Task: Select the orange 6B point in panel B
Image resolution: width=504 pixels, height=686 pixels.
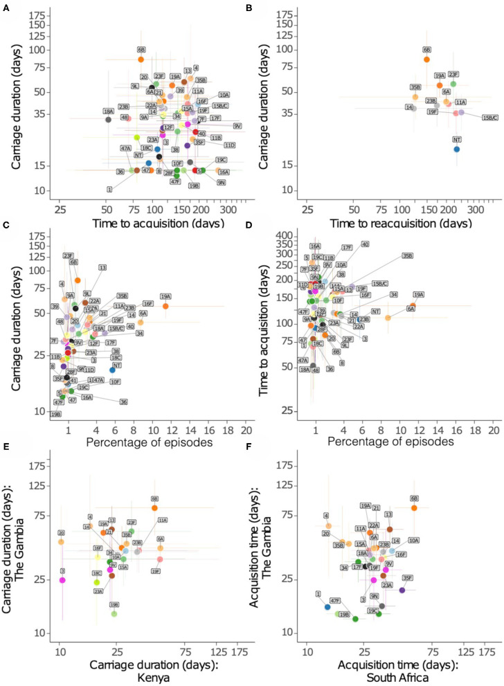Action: [427, 60]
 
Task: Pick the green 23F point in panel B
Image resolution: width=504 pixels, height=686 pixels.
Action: [453, 84]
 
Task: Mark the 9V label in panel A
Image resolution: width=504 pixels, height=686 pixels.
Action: [237, 126]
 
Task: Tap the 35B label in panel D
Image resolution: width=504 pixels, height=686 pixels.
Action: [408, 255]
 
